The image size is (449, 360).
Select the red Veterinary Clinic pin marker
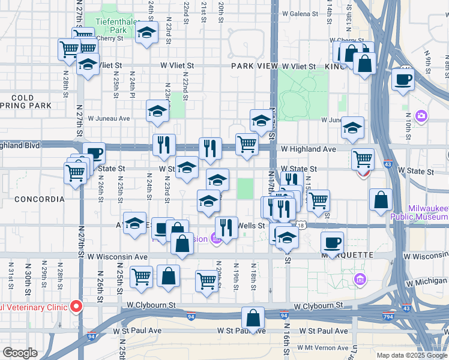click(x=76, y=306)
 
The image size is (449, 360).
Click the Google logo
click(x=20, y=353)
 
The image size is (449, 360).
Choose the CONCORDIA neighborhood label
click(x=39, y=199)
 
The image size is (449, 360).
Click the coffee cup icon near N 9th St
click(x=403, y=79)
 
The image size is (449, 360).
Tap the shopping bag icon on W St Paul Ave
click(x=253, y=318)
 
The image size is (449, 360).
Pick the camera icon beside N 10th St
click(x=421, y=115)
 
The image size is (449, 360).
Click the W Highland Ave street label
click(x=307, y=149)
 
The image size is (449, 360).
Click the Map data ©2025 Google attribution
click(x=412, y=355)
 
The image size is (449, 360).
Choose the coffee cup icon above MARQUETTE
click(x=332, y=242)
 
